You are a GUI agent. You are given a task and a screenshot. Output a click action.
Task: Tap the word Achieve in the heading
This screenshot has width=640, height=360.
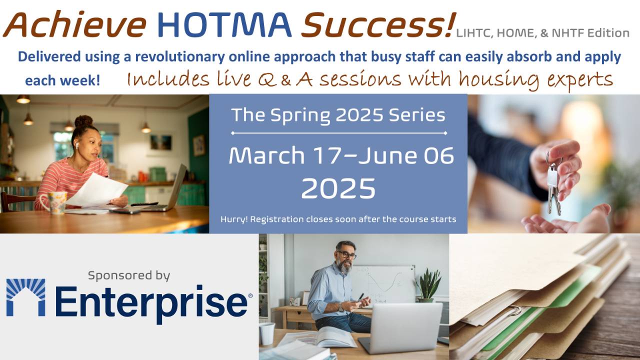pyautogui.click(x=75, y=25)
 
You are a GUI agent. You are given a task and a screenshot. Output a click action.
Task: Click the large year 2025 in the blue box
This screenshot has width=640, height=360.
pyautogui.click(x=338, y=189)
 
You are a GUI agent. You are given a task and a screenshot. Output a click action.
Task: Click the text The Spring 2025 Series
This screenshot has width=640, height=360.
pyautogui.click(x=338, y=115)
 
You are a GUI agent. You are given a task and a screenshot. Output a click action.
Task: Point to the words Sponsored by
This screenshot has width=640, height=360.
pyautogui.click(x=129, y=275)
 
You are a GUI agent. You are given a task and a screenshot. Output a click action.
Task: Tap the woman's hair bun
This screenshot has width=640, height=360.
pyautogui.click(x=83, y=121)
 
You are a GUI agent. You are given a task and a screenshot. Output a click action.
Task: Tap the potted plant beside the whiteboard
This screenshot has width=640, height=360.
pyautogui.click(x=428, y=285)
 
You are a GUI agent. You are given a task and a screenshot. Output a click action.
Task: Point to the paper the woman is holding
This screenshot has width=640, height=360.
pyautogui.click(x=97, y=190)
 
